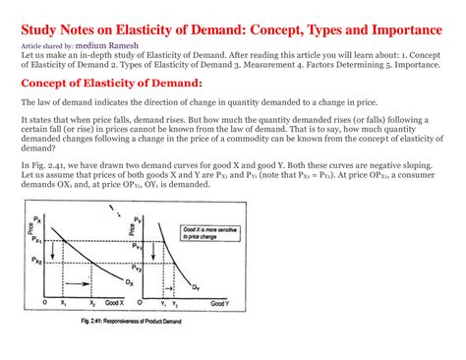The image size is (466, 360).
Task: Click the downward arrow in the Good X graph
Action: pyautogui.click(x=61, y=253)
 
